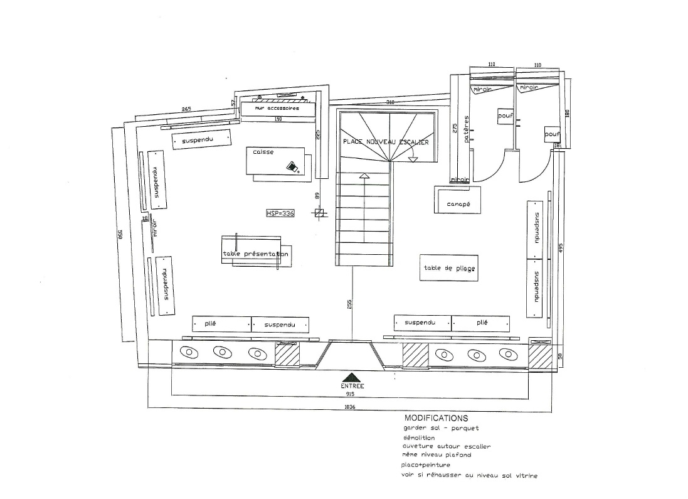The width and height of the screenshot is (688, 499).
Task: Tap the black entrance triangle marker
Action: click(352, 375)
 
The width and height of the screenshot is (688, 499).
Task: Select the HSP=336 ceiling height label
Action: click(280, 214)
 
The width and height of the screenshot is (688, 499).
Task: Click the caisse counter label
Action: click(263, 152)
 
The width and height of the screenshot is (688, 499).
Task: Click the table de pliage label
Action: click(449, 269)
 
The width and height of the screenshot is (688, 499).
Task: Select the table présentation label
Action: click(255, 254)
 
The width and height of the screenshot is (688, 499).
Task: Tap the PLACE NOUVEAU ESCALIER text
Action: click(386, 142)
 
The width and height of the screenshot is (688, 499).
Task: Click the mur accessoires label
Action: click(277, 109)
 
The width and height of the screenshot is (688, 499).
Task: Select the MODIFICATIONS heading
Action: click(436, 418)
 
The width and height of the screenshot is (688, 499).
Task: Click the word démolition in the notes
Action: click(420, 437)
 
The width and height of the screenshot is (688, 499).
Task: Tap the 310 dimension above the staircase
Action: click(389, 102)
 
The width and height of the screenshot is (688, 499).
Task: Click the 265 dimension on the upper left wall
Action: click(186, 109)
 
